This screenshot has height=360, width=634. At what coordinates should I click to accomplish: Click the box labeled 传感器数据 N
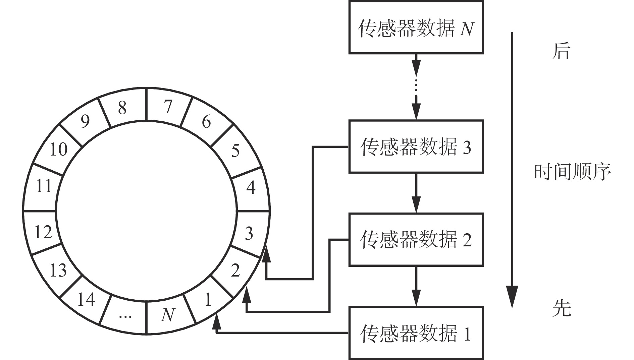point(416,27)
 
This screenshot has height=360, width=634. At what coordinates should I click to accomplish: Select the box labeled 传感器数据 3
point(416,146)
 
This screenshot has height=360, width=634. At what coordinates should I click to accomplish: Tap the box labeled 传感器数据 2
point(416,239)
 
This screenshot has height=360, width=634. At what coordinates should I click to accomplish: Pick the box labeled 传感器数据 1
point(416,333)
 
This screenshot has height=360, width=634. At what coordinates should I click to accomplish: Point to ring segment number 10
point(59,149)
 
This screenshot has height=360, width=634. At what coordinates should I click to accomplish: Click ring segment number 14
point(86,299)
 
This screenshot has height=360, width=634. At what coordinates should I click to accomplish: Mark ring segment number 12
point(43,232)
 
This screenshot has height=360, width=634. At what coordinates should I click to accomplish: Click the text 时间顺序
point(572,172)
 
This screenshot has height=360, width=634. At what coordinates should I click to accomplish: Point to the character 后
point(561,52)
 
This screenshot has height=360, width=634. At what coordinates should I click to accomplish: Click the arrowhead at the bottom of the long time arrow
point(512,297)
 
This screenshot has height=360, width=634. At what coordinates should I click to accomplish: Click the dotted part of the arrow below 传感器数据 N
point(416,85)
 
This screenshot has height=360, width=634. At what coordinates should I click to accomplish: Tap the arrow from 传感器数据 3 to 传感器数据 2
point(416,193)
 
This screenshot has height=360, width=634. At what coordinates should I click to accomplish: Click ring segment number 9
point(85,121)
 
